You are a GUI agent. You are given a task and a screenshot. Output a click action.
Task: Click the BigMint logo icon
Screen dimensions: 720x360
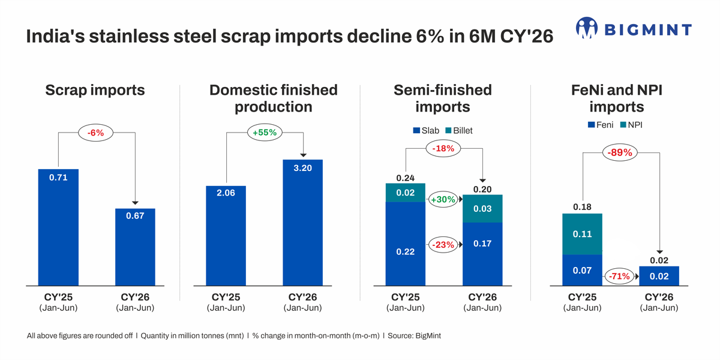click(587, 28)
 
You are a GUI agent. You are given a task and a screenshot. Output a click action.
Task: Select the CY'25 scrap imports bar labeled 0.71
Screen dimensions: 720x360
click(58, 227)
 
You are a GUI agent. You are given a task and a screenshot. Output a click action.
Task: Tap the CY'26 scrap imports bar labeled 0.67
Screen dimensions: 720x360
click(135, 247)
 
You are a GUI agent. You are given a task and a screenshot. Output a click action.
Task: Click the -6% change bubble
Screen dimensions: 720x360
click(96, 133)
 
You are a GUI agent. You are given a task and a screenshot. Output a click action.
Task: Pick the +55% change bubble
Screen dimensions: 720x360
click(265, 133)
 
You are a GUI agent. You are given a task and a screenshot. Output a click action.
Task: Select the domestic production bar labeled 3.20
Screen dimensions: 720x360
click(303, 223)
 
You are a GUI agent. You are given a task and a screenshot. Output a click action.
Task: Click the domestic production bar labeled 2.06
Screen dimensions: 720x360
click(226, 236)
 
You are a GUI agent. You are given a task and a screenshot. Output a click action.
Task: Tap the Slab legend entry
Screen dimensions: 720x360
click(426, 131)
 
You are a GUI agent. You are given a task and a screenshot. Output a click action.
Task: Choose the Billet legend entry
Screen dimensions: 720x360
click(458, 131)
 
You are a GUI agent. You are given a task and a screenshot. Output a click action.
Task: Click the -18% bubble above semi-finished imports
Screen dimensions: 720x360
click(443, 149)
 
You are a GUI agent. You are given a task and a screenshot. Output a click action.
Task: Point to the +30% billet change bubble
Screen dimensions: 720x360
click(443, 199)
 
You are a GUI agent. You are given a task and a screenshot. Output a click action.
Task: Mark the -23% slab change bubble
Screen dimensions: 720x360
click(443, 245)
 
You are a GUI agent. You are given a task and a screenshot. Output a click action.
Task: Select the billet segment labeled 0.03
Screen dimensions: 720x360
click(482, 209)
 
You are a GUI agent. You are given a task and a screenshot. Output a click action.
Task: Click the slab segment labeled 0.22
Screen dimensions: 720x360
click(406, 244)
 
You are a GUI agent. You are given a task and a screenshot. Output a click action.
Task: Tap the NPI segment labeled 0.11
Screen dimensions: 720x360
click(582, 234)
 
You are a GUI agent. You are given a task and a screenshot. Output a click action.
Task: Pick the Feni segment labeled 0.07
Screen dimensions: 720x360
click(582, 271)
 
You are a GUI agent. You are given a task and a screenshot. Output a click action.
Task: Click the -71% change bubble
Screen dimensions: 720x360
click(619, 276)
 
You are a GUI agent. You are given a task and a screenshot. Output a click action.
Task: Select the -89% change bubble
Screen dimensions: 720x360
click(620, 152)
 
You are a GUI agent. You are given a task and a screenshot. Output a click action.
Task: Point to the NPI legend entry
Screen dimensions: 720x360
click(631, 125)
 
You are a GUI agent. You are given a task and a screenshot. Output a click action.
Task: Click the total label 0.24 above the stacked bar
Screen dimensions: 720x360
click(406, 178)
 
